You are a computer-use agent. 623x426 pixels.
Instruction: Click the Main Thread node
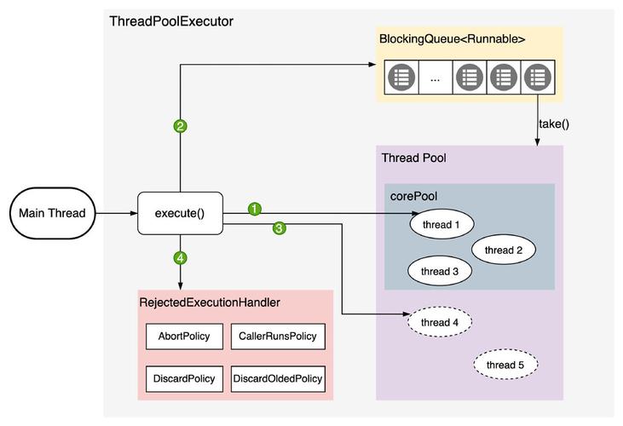(53, 213)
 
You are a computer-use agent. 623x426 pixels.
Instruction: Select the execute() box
(180, 213)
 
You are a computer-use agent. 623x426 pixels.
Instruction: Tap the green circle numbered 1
(254, 208)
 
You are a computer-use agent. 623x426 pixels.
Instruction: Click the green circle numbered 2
(180, 126)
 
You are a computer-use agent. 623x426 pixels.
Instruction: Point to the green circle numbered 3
(279, 227)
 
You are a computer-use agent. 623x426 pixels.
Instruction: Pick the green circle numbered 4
(180, 256)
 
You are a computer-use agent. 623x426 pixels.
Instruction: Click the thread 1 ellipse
(441, 224)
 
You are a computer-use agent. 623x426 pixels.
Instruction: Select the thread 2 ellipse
(503, 250)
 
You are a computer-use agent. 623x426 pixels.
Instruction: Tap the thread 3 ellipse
(441, 271)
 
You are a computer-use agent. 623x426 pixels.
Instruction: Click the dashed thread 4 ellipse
(441, 322)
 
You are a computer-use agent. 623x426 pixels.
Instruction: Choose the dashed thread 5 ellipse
(505, 365)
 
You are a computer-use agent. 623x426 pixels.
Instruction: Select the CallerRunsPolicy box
(277, 336)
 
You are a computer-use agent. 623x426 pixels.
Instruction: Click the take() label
(554, 124)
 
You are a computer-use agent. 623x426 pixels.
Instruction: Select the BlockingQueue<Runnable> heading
(452, 39)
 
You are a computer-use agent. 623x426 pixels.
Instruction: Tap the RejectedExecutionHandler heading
(210, 302)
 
